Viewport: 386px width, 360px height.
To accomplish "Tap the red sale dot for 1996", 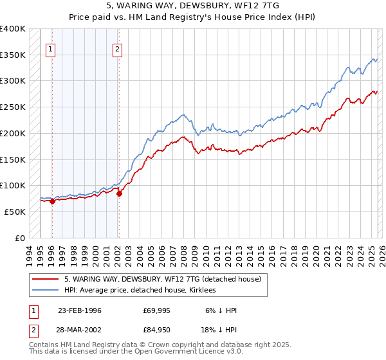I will (52, 201).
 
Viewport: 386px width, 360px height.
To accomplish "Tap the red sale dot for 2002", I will (119, 194).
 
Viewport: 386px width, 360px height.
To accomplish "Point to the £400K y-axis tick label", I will (13, 29).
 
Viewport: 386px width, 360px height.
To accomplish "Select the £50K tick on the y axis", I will (15, 212).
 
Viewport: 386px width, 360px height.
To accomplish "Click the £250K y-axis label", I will (13, 107).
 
